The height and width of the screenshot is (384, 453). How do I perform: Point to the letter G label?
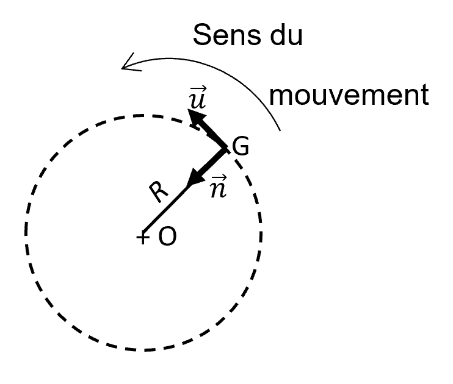(x=241, y=148)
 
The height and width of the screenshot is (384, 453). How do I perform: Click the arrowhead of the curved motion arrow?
(x=126, y=62)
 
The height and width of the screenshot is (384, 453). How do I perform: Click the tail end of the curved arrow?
(x=280, y=130)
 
